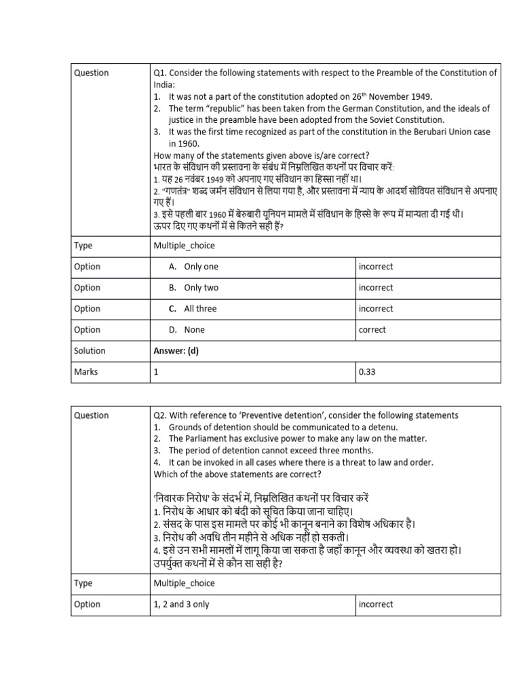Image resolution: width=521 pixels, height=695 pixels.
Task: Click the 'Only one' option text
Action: point(201,267)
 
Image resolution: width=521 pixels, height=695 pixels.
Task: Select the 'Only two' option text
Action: point(201,288)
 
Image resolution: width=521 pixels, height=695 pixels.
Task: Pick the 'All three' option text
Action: point(200,309)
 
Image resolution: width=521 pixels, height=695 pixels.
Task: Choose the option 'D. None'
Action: point(187,330)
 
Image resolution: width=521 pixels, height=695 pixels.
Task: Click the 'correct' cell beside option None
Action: point(372,330)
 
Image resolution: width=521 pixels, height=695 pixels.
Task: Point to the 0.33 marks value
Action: point(367,372)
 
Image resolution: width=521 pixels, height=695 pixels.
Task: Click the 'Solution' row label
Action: point(90,351)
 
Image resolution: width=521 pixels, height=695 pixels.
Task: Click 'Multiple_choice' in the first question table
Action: point(184,246)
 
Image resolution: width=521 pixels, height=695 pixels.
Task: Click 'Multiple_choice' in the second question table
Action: point(184,583)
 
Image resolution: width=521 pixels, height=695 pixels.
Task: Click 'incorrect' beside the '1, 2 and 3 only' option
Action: point(376,604)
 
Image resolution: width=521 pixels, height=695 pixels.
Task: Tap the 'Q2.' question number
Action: point(161,415)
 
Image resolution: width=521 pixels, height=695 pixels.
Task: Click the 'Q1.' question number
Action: point(161,73)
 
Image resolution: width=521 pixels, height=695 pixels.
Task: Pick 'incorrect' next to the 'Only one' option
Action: point(376,267)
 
